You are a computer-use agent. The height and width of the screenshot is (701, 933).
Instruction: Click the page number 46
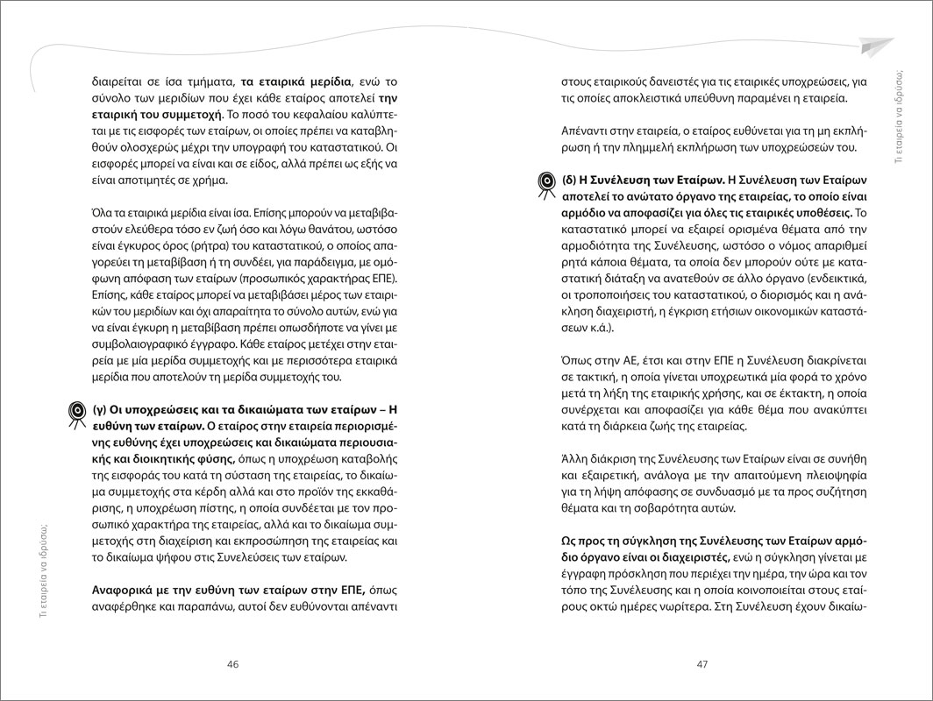click(233, 664)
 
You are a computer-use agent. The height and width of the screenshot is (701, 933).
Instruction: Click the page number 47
click(701, 664)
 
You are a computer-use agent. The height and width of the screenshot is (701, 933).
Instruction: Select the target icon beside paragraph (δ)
click(544, 181)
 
